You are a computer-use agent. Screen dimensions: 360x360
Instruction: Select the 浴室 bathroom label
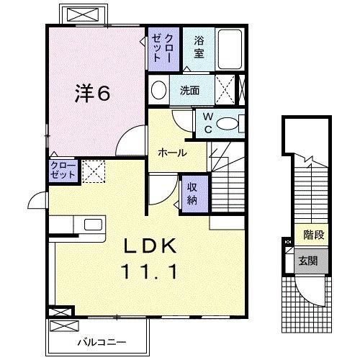point(199,48)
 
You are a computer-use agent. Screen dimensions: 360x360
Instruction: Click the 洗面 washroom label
point(189,91)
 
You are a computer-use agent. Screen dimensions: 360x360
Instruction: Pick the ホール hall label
point(173,153)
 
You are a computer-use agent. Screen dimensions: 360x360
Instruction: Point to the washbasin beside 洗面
point(158,90)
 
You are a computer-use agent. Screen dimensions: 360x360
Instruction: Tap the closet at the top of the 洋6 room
point(161,49)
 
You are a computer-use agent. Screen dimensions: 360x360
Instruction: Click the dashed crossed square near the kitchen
point(94,171)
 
